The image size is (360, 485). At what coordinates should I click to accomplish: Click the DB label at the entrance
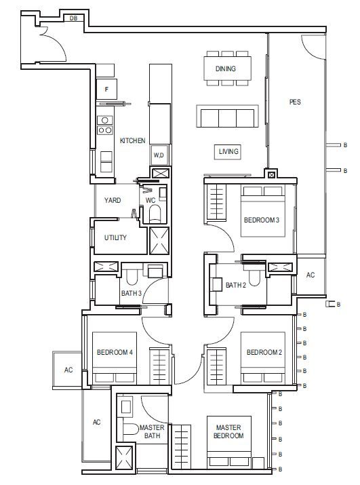[73, 18]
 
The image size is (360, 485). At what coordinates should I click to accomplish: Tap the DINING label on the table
[226, 69]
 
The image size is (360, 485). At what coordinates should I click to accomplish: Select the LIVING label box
[228, 151]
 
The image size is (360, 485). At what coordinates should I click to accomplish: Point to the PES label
[295, 102]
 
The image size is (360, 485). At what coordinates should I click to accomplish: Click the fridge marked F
[106, 89]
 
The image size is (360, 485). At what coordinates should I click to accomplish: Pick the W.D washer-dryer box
[159, 155]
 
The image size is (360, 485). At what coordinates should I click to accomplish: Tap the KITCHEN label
[133, 140]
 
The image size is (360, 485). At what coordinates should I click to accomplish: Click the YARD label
[113, 200]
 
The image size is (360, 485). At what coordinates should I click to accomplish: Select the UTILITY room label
[115, 237]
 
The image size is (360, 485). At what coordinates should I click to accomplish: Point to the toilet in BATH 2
[254, 277]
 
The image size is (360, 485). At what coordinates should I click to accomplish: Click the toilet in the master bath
[131, 429]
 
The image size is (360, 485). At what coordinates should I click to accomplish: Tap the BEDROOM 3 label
[262, 220]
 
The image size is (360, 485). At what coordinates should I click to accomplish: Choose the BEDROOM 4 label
[115, 352]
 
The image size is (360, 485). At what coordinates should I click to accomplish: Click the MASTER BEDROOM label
[228, 431]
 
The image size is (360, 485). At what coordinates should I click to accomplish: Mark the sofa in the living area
[227, 116]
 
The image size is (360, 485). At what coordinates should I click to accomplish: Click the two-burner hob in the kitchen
[105, 130]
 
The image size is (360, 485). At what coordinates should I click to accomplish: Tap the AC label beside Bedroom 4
[68, 370]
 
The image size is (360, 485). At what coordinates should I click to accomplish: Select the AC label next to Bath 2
[311, 275]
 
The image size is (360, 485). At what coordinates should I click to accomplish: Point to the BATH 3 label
[132, 293]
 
